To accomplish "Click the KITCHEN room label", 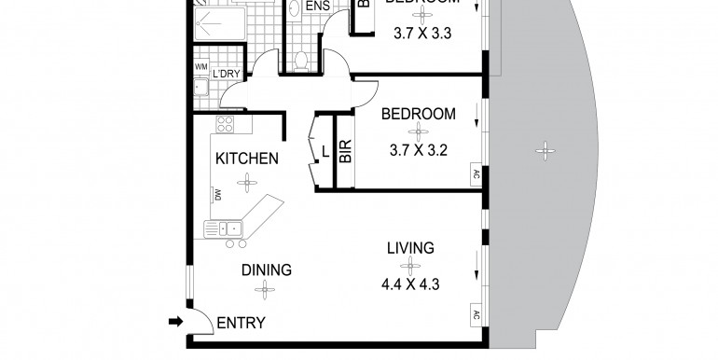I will (246, 159).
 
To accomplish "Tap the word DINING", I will (267, 270).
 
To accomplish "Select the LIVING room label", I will (411, 248).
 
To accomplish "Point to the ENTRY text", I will (241, 324).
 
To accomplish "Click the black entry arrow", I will (174, 323).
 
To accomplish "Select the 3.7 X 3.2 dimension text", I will (419, 147).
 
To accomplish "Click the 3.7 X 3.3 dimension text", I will (419, 32).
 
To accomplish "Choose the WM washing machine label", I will (200, 68).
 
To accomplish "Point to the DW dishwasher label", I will (216, 194).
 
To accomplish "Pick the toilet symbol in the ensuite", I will (300, 60).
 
